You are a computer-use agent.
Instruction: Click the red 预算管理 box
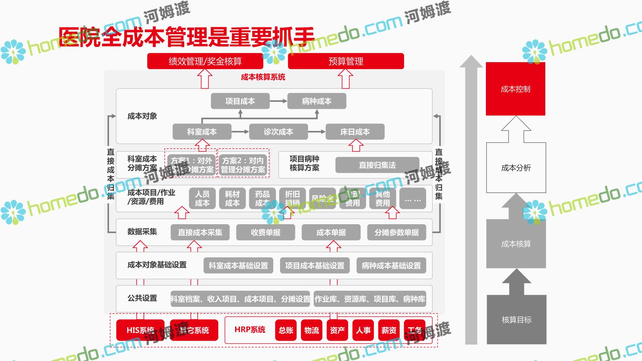[x=346, y=61]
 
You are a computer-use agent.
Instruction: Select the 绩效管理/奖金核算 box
[x=205, y=61]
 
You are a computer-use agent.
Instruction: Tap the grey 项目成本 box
[x=240, y=101]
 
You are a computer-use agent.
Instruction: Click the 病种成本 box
[x=317, y=101]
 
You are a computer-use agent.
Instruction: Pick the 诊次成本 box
[x=278, y=132]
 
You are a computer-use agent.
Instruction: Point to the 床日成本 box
[x=355, y=132]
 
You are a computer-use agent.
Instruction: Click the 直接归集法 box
[x=377, y=165]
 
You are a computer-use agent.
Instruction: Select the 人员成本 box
[x=202, y=199]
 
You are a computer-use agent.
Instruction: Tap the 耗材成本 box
[x=232, y=199]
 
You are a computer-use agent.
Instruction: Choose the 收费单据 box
[x=266, y=232]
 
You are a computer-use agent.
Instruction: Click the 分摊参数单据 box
[x=396, y=232]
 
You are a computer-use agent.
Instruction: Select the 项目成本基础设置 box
[x=315, y=266]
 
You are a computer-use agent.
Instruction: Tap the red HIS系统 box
[x=140, y=330]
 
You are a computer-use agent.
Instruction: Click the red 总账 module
[x=286, y=330]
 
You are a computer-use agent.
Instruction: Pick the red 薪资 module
[x=388, y=330]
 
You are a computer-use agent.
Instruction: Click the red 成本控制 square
[x=516, y=89]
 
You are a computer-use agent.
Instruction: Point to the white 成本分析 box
[x=516, y=168]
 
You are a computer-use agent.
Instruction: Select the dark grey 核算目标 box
[x=516, y=320]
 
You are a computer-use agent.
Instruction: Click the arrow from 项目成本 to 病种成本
[x=278, y=101]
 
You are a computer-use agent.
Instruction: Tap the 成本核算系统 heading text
[x=263, y=77]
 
